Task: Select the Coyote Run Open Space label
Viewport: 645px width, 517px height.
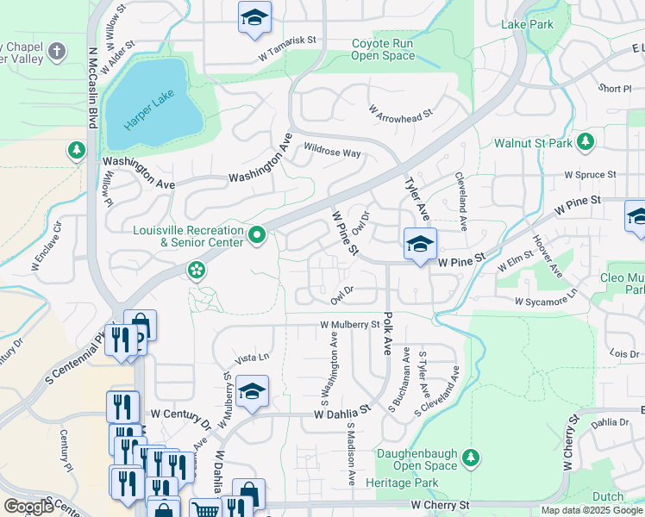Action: [383, 50]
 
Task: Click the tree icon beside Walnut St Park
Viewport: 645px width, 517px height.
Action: [586, 141]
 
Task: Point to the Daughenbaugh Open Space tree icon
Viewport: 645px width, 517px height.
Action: [470, 456]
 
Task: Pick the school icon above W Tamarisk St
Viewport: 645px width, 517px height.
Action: [254, 19]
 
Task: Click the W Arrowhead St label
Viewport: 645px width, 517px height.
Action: [400, 111]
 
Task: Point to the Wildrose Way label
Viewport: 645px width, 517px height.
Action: [331, 152]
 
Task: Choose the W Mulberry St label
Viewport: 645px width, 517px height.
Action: [349, 325]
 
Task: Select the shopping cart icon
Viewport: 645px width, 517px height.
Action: [204, 509]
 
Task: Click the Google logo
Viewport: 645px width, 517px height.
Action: [28, 507]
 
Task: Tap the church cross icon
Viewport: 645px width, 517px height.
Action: [58, 50]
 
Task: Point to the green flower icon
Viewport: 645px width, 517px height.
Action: [197, 271]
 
